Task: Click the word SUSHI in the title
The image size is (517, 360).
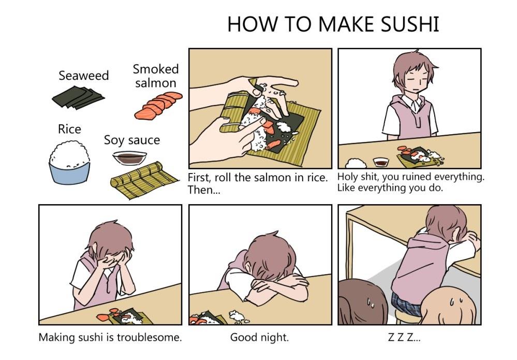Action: point(410,24)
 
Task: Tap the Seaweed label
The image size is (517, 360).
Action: point(84,76)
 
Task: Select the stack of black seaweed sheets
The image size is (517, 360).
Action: point(78,98)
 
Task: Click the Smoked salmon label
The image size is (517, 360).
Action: point(156,76)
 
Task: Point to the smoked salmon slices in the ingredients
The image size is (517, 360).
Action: point(158,106)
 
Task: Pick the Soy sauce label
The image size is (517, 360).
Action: point(132,140)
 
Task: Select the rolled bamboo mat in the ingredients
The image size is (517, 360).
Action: point(143,180)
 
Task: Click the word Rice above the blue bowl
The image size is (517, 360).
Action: point(69,129)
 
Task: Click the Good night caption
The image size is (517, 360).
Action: point(259,337)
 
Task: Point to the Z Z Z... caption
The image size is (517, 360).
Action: point(404,337)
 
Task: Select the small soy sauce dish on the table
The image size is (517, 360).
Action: point(381,162)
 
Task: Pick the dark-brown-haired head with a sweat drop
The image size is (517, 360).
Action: point(363,302)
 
